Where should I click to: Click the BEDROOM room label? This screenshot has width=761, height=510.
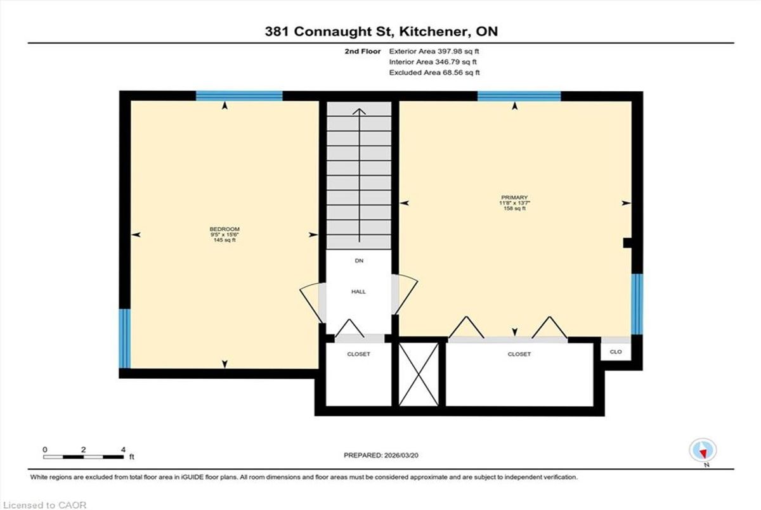tap(224, 229)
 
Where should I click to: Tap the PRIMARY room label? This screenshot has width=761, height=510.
tap(514, 198)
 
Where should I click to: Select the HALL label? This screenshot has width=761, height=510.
tap(358, 291)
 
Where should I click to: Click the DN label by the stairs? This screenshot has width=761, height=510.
tap(359, 260)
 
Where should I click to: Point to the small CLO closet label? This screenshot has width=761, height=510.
tap(616, 352)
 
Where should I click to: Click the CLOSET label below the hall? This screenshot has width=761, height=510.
tap(358, 354)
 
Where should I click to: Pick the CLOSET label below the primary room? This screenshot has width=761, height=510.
tap(519, 354)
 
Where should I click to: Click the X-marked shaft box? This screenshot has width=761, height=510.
tap(419, 374)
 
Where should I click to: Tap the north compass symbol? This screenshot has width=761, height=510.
tap(703, 450)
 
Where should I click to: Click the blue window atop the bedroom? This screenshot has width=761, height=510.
tap(239, 96)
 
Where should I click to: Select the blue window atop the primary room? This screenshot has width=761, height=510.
tap(519, 96)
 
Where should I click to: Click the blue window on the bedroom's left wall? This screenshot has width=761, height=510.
tap(125, 338)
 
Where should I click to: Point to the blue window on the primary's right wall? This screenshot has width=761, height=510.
tap(637, 304)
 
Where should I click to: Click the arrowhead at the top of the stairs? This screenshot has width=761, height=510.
tap(359, 111)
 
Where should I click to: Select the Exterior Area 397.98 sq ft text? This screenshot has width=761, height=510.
tap(434, 51)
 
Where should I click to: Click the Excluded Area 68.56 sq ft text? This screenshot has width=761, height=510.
tap(434, 72)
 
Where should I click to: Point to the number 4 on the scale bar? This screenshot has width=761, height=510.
tap(123, 449)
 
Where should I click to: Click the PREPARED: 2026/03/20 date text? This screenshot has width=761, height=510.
tap(381, 455)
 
